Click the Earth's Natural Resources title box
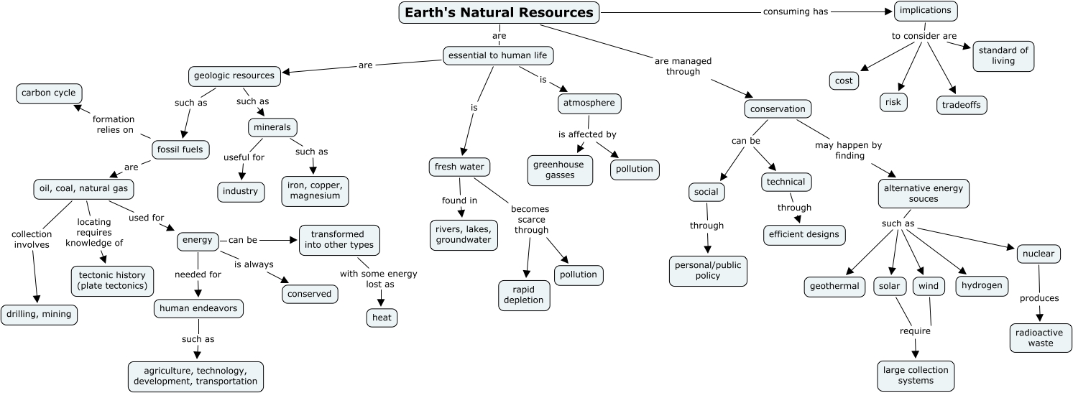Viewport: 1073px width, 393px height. click(x=499, y=13)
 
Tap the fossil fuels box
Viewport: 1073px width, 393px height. click(x=182, y=150)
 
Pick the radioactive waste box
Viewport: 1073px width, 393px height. click(x=1040, y=338)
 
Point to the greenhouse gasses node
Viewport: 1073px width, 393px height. click(x=559, y=170)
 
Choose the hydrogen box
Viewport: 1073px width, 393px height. click(x=982, y=285)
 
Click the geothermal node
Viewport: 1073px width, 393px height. click(x=834, y=286)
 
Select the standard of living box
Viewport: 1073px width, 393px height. click(x=1003, y=56)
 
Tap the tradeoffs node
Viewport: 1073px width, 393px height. click(x=962, y=105)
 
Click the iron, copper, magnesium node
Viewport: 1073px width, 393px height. click(x=315, y=191)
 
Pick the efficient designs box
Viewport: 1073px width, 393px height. click(x=803, y=234)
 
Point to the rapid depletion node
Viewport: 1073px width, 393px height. click(x=524, y=295)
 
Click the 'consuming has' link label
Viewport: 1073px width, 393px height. click(x=786, y=11)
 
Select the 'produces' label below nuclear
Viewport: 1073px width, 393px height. click(x=1039, y=298)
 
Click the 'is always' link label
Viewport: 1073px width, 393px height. click(x=254, y=264)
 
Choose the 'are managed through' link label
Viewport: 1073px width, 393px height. click(x=683, y=66)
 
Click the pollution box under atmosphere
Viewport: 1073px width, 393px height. click(x=634, y=170)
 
